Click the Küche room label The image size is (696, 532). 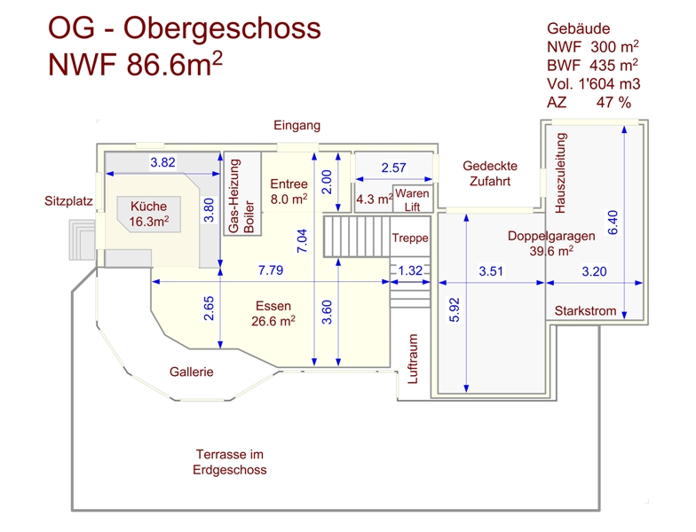[x=148, y=213]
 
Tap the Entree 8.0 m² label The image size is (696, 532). [x=289, y=192]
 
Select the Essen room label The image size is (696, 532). [x=273, y=313]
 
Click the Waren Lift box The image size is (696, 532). [x=413, y=199]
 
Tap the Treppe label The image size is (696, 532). [x=410, y=239]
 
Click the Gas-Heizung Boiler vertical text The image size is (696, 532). [x=241, y=197]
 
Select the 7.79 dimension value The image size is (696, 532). [x=271, y=270]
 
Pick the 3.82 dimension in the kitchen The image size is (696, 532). [x=162, y=162]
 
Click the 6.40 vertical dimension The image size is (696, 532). [x=613, y=222]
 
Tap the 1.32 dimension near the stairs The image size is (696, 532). [x=409, y=270]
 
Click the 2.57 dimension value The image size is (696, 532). [x=393, y=168]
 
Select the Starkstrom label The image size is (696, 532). [x=583, y=311]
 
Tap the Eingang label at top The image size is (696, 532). [x=297, y=125]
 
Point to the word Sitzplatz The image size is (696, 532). [x=68, y=201]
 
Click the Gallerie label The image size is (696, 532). [x=192, y=372]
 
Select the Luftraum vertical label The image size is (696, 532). [x=412, y=359]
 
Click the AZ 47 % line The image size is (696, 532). [x=589, y=103]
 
